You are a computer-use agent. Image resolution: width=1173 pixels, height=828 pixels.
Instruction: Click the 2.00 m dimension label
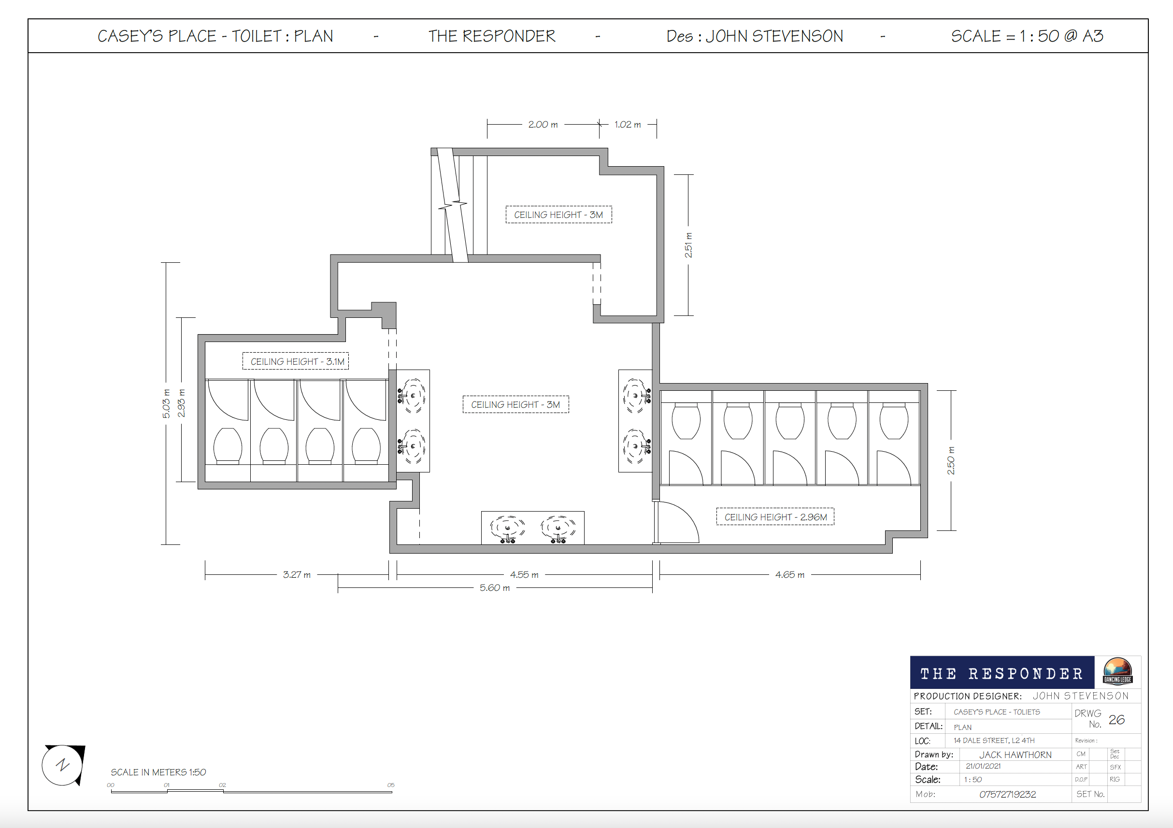pyautogui.click(x=543, y=125)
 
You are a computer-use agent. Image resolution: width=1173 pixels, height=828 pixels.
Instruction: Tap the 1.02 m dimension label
pyautogui.click(x=628, y=125)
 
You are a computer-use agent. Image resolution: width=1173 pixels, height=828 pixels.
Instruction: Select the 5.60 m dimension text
pyautogui.click(x=495, y=588)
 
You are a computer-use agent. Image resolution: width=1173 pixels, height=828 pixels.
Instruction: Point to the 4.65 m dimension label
pyautogui.click(x=790, y=575)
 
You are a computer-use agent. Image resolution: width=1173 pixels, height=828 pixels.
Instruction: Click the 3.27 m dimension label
pyautogui.click(x=297, y=575)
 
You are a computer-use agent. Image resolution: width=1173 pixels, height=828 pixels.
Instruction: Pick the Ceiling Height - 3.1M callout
pyautogui.click(x=296, y=361)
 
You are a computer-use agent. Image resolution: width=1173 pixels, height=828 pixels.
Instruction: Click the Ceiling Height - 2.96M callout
pyautogui.click(x=775, y=517)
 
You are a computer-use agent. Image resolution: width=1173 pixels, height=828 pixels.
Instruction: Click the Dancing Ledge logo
pyautogui.click(x=1117, y=671)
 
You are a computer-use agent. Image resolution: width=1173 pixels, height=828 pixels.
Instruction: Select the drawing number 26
pyautogui.click(x=1117, y=720)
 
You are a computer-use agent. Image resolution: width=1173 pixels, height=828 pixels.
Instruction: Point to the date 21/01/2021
pyautogui.click(x=983, y=766)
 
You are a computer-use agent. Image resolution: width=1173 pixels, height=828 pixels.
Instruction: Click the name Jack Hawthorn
pyautogui.click(x=1015, y=755)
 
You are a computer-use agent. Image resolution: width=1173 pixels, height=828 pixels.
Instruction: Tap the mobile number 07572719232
pyautogui.click(x=1007, y=794)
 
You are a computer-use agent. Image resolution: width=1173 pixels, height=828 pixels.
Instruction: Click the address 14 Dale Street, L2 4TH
pyautogui.click(x=994, y=741)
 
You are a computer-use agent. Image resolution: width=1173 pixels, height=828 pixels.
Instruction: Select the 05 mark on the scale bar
pyautogui.click(x=391, y=785)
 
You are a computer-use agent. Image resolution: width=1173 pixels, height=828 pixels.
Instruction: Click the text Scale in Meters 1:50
pyautogui.click(x=158, y=772)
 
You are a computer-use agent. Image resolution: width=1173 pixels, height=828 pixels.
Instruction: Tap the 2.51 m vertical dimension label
pyautogui.click(x=688, y=245)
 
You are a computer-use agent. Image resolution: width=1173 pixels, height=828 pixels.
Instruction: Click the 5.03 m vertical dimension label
pyautogui.click(x=167, y=404)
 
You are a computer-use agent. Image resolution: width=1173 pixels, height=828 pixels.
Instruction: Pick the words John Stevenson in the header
pyautogui.click(x=774, y=36)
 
